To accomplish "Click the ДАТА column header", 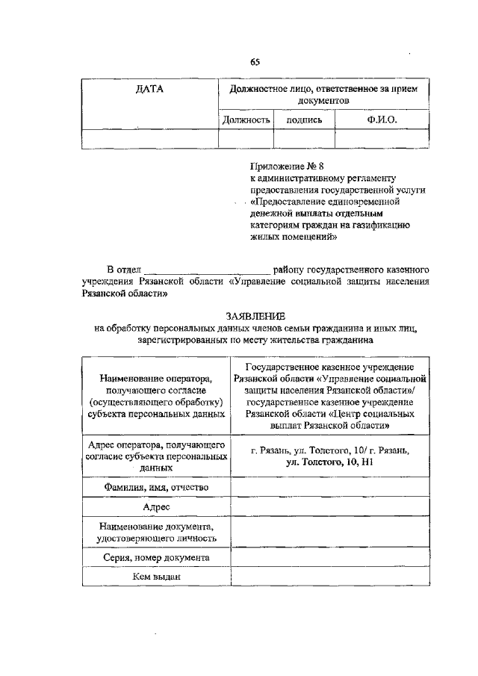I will (149, 90).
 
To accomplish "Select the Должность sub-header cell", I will (246, 120).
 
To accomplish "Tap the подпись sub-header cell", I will (304, 120).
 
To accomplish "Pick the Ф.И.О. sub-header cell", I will (382, 120).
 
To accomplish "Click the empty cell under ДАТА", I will (149, 139).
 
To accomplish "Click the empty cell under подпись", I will (304, 139).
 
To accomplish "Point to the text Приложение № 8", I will (288, 166).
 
